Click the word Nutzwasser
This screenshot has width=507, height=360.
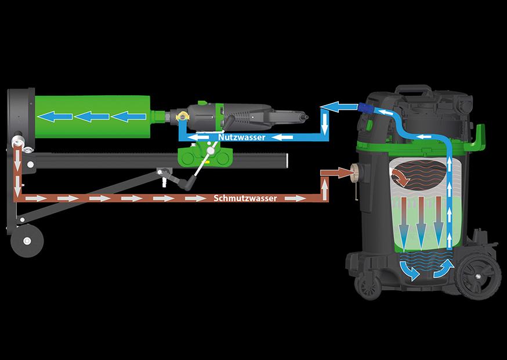(241, 137)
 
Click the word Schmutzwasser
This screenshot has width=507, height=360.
(245, 198)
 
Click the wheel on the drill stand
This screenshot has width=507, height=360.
(27, 241)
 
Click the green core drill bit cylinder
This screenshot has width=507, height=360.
(92, 117)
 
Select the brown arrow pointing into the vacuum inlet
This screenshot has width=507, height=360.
(335, 172)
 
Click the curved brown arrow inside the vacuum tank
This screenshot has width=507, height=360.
(401, 178)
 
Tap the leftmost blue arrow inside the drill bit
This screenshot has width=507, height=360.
(55, 117)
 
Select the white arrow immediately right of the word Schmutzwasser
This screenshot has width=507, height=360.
(295, 198)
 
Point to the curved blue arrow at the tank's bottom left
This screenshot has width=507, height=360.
(410, 270)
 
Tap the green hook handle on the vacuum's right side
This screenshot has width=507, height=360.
(478, 137)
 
